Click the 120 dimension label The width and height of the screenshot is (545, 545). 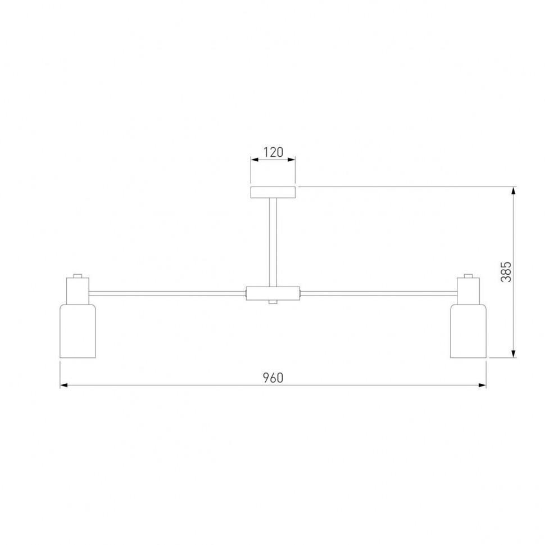pos(273,152)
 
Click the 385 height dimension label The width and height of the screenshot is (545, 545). pos(506,272)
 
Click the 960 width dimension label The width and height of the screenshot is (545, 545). pos(273,378)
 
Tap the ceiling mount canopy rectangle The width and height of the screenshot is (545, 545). pos(273,192)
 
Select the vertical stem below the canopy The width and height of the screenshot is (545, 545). pos(273,242)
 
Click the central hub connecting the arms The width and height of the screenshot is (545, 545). pos(273,293)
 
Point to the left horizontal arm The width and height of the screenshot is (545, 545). pos(167,293)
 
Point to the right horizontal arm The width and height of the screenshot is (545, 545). pos(379,293)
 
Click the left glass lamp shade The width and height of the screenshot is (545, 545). pos(78,331)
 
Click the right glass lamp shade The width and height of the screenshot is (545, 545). pos(468,331)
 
